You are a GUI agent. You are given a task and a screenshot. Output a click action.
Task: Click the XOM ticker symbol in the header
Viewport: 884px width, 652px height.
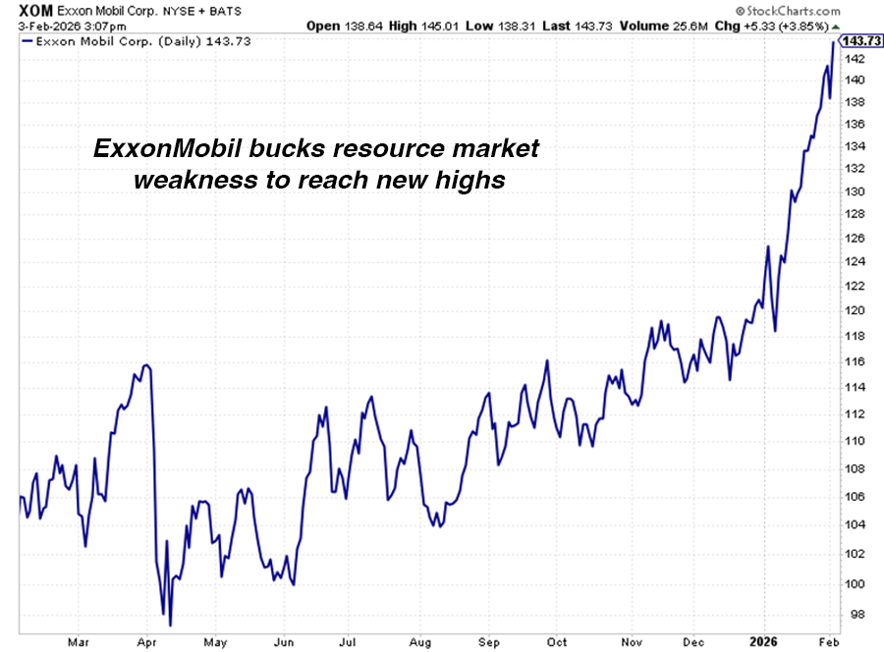click(22, 9)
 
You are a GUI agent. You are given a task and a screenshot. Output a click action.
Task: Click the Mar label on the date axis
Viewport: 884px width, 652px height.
click(78, 642)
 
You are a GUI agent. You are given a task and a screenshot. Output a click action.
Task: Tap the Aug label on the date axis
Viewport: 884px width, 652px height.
click(422, 642)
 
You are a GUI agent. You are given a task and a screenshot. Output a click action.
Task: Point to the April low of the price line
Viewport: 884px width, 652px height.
click(170, 625)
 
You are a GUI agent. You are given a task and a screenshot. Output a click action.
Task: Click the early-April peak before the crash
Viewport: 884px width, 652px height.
click(146, 365)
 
